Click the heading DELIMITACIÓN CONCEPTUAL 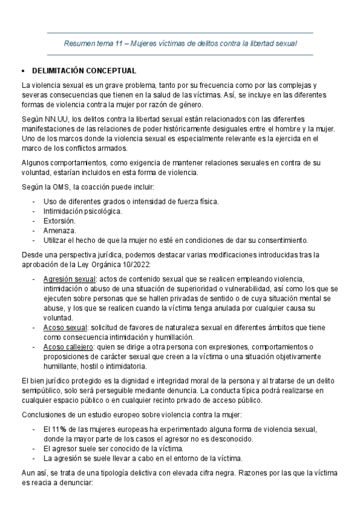point(79,70)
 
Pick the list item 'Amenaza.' point(59,230)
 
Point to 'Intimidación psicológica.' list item point(83,211)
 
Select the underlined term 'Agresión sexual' point(69,279)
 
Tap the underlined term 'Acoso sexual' point(65,327)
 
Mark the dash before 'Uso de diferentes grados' point(34,201)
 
